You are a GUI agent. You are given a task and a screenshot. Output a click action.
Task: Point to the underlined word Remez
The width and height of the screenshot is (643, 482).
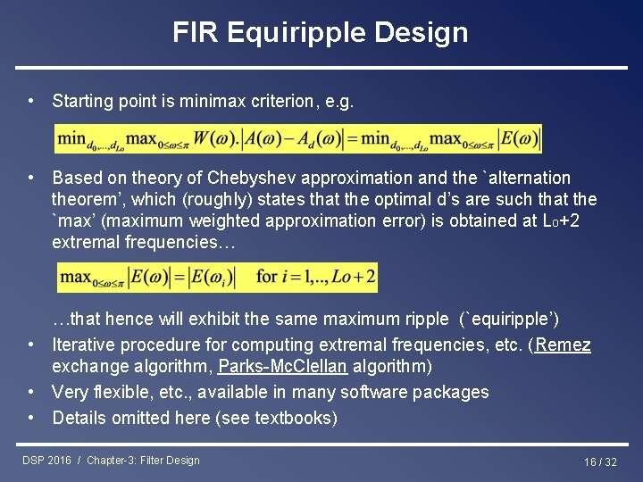tap(563, 345)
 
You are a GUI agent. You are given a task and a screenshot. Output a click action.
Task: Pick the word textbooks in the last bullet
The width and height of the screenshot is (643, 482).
tap(296, 417)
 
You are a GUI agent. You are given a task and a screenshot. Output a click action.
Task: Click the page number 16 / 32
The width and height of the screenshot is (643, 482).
tap(600, 461)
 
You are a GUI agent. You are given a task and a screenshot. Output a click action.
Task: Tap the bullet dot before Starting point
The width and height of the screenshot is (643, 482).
tap(31, 101)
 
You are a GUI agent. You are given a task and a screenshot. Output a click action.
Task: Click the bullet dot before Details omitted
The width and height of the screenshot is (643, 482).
tap(31, 417)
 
